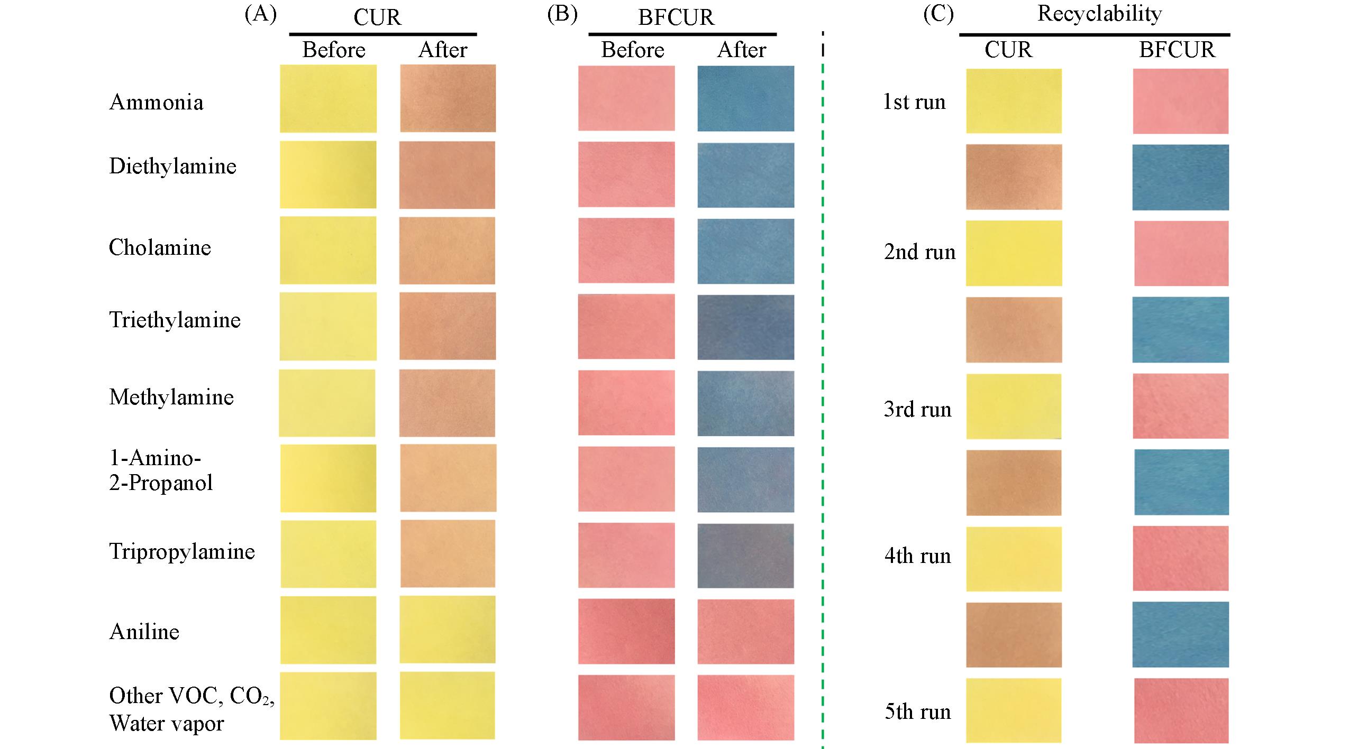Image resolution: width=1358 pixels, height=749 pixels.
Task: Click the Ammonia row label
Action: tap(156, 102)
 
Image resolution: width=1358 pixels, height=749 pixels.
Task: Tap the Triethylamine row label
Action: tap(175, 320)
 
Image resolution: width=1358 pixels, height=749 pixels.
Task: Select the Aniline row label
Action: tap(144, 632)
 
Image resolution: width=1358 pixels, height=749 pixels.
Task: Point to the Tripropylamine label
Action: tap(182, 552)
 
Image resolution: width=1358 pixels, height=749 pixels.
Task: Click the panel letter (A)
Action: tap(260, 15)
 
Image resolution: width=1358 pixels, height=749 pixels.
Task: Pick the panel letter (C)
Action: tap(938, 15)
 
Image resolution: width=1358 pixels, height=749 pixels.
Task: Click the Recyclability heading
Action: tap(1099, 14)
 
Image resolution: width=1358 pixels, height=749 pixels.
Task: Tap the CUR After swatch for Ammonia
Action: tap(448, 98)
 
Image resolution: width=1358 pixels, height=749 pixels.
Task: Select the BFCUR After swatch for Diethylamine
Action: tap(745, 175)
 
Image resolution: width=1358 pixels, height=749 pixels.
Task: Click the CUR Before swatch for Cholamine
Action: tap(328, 251)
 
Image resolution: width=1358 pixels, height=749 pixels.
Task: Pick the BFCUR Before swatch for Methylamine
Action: tap(626, 403)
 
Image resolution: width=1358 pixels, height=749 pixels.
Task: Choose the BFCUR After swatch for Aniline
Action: tap(745, 631)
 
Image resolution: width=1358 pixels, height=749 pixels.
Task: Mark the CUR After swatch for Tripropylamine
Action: tap(448, 553)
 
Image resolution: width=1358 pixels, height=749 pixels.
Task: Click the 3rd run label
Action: tap(917, 410)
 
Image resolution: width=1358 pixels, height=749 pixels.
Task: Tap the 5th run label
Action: tap(917, 712)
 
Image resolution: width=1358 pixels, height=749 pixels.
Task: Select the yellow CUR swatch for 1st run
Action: tap(1014, 101)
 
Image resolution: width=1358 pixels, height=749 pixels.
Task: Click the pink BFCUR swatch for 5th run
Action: tap(1181, 710)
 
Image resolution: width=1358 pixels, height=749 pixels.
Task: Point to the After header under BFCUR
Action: tap(741, 50)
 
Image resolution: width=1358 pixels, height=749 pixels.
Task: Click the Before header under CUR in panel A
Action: tap(334, 50)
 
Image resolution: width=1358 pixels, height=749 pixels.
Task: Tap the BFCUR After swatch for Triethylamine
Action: tap(745, 327)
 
